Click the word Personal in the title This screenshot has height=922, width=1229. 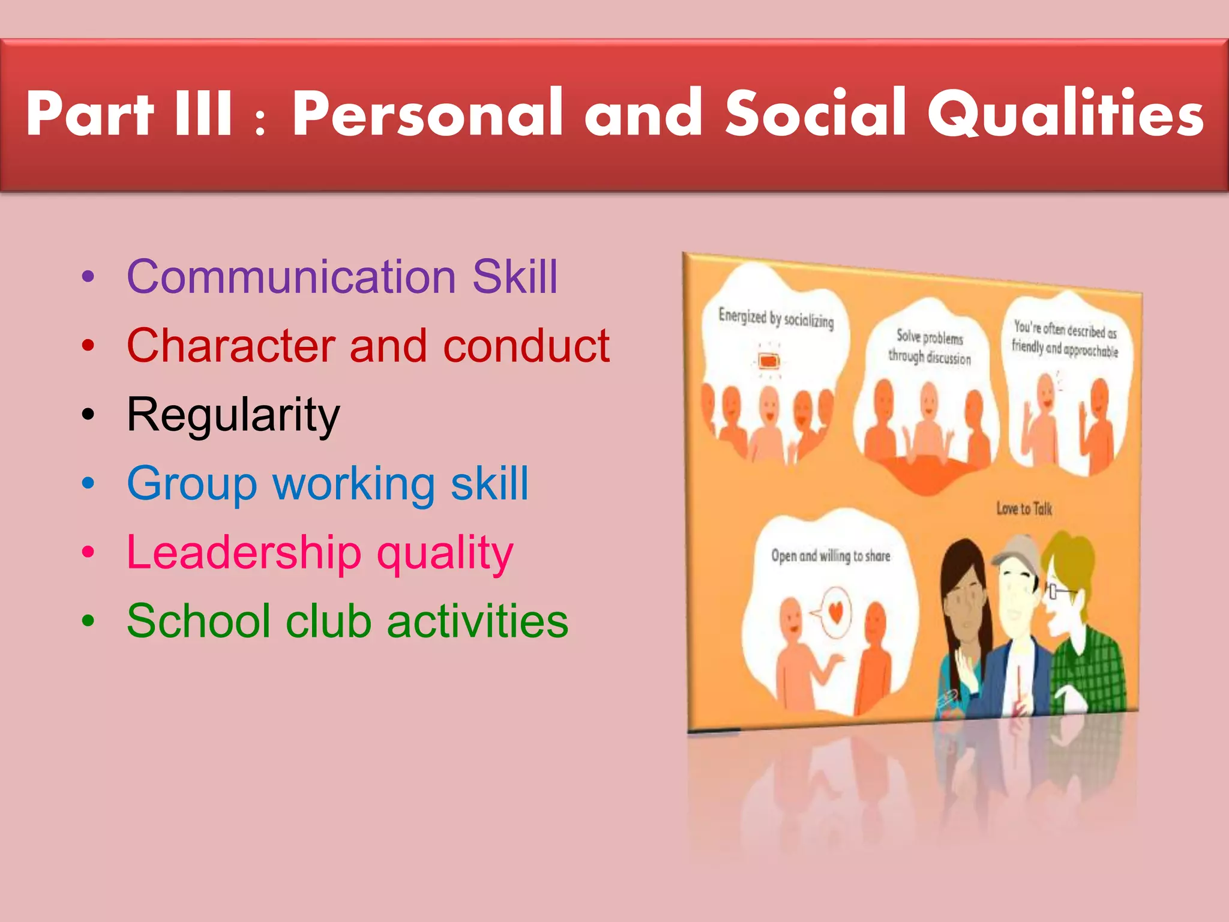pos(428,114)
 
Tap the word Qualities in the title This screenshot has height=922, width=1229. pos(1066,114)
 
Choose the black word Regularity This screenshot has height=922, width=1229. pos(233,415)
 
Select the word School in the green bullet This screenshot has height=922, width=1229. pos(198,621)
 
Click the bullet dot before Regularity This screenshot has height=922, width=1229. pos(88,415)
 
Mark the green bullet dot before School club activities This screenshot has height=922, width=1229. pos(88,621)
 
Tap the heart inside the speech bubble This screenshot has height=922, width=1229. pos(836,612)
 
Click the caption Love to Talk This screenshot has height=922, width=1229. pos(1024,509)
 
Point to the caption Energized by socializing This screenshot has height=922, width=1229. pos(776,318)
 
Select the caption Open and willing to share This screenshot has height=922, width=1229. pos(831,556)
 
